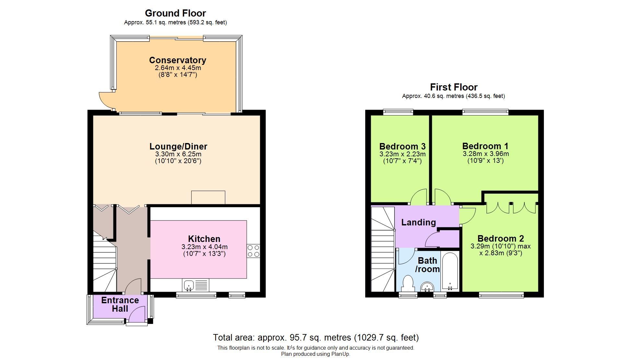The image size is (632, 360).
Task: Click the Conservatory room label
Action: (177, 60)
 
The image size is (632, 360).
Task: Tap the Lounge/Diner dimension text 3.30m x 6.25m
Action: (178, 154)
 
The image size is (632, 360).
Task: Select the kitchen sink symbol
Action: (189, 285)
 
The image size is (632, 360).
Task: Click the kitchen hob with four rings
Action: (253, 251)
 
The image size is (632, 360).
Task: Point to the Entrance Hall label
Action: (120, 304)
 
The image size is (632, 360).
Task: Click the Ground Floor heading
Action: (175, 13)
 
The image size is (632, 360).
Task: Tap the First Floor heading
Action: (453, 87)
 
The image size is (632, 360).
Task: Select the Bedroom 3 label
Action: (402, 146)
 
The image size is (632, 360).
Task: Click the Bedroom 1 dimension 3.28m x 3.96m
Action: (486, 154)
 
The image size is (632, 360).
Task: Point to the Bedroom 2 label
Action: (500, 239)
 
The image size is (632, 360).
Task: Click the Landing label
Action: (418, 222)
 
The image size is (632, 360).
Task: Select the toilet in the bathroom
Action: (407, 283)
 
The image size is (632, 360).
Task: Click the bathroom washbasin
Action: (427, 287)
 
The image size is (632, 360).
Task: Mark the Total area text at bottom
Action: (316, 338)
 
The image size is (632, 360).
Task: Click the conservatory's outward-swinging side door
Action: (106, 101)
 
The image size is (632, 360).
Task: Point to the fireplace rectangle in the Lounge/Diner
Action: (208, 198)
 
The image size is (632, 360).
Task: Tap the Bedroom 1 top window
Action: (485, 112)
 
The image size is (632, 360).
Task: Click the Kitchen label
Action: (204, 239)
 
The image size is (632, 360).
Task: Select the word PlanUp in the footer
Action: (340, 354)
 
